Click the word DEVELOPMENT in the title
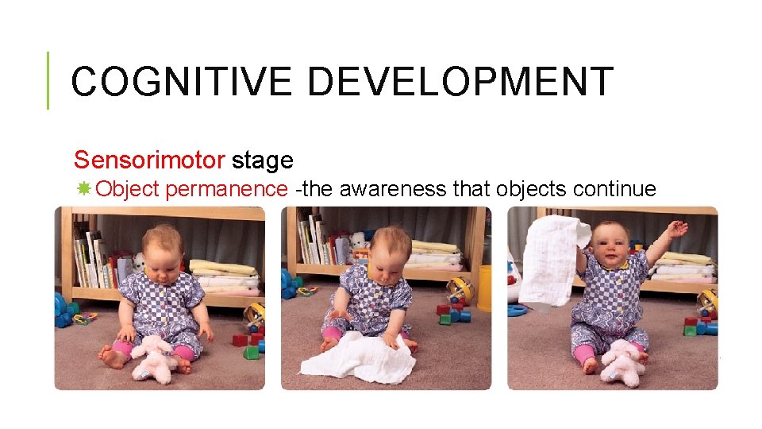click(x=460, y=82)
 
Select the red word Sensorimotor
click(x=149, y=160)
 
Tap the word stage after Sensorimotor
click(x=263, y=160)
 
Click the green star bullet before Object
click(x=83, y=189)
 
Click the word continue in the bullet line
click(x=614, y=189)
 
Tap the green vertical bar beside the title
click(x=48, y=80)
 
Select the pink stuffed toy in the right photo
click(x=624, y=361)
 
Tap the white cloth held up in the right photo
click(x=554, y=254)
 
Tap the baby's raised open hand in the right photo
click(x=675, y=230)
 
